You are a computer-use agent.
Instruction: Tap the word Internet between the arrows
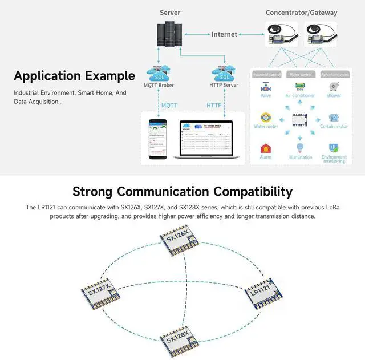coord(224,34)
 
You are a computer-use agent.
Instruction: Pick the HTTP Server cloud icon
coord(223,74)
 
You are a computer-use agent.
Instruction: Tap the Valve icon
coord(266,87)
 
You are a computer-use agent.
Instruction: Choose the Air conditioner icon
coord(299,86)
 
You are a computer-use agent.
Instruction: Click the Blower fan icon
coord(334,86)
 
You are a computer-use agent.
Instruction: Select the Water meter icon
coord(266,117)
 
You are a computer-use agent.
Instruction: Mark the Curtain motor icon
coord(334,118)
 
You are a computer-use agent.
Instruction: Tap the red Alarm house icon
coord(266,148)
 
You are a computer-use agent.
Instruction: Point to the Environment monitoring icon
coord(334,147)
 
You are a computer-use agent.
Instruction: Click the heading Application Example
coord(74,76)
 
